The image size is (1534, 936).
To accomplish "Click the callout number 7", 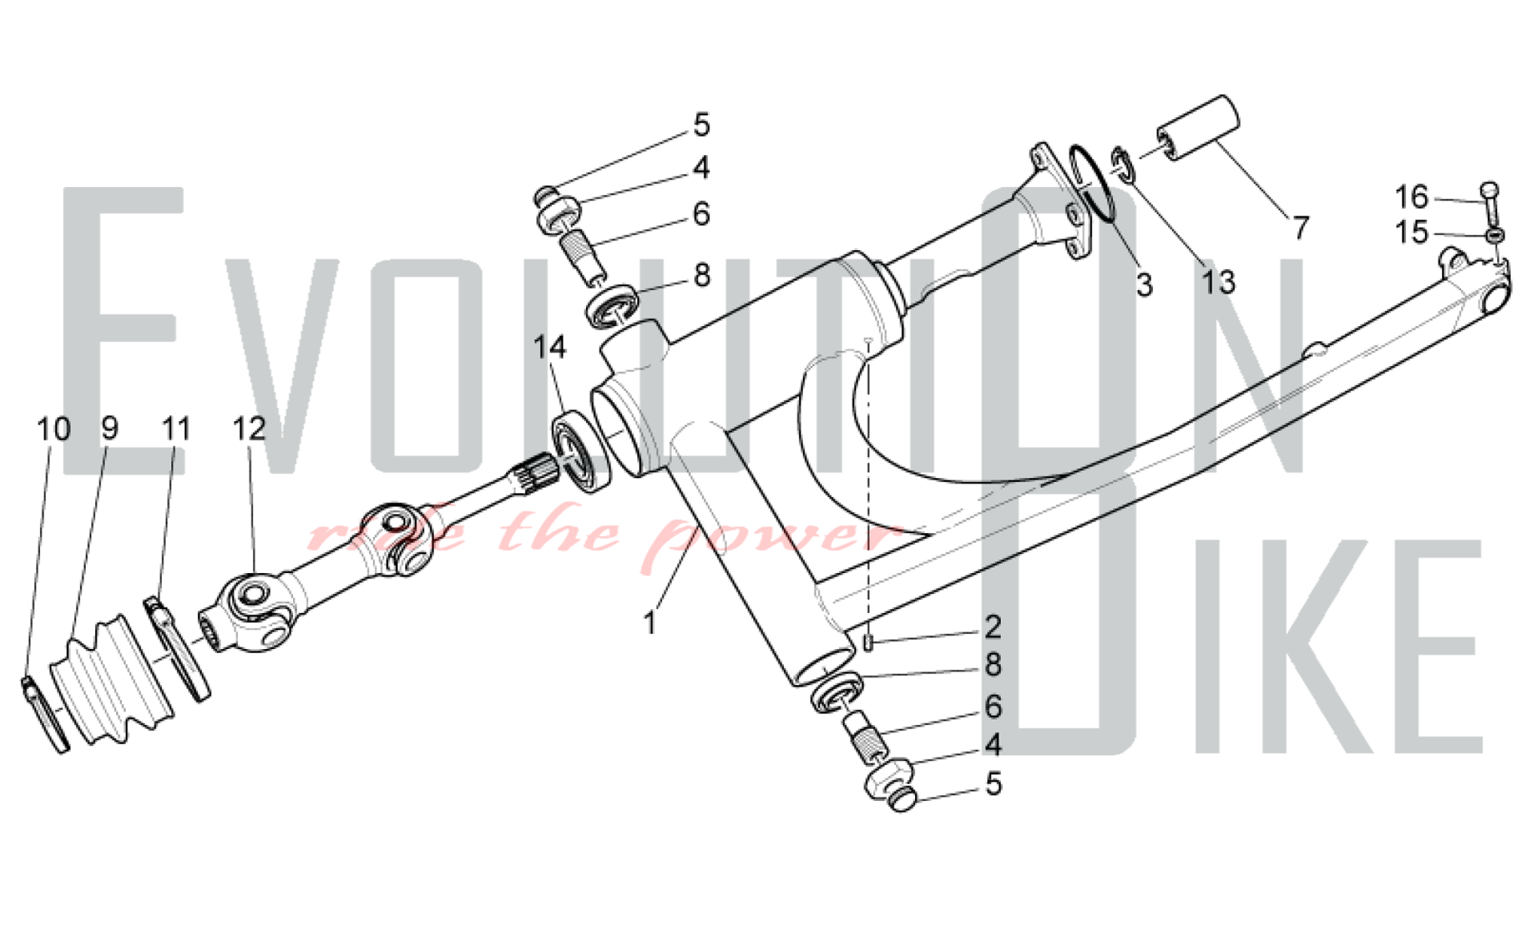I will (x=1299, y=228).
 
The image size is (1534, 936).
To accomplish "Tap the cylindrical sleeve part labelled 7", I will (x=1199, y=128).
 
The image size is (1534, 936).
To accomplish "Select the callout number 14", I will (x=549, y=347).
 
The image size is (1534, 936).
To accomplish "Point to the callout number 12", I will (x=249, y=428).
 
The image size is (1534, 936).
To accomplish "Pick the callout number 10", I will (x=53, y=428).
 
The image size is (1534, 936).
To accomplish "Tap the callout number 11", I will (x=176, y=428).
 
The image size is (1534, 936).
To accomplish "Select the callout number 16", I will (x=1411, y=197).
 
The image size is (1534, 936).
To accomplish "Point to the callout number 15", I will (x=1411, y=232).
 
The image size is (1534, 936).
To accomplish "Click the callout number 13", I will (x=1217, y=282).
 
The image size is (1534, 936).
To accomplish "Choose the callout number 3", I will (x=1144, y=285).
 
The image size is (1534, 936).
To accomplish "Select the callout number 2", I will (x=992, y=627).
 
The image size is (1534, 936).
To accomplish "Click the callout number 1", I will (x=650, y=623).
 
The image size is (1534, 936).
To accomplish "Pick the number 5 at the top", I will (x=701, y=125).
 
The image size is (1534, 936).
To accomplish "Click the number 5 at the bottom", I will (x=992, y=784).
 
